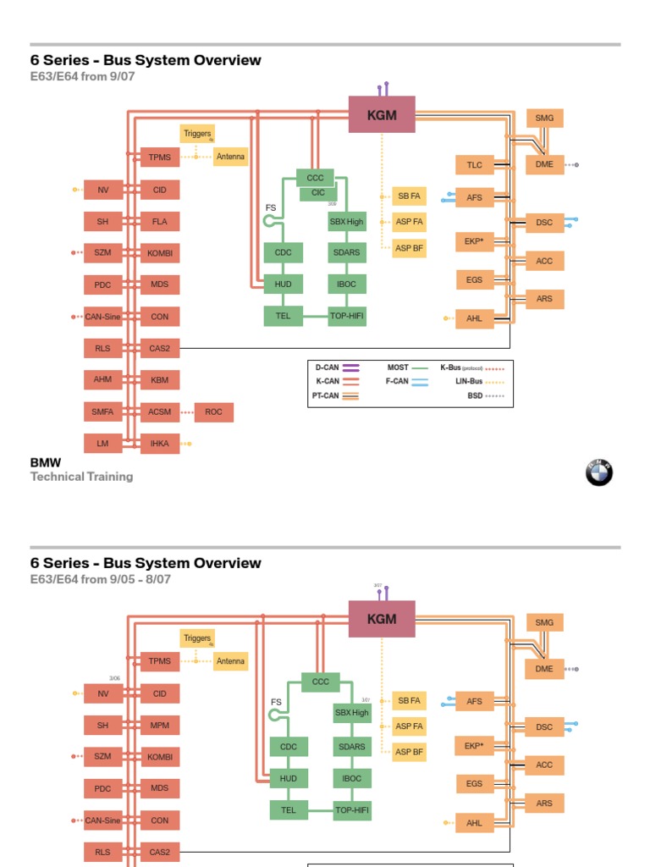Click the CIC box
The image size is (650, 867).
click(x=318, y=193)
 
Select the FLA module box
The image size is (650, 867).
click(x=160, y=222)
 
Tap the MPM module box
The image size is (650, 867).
click(x=160, y=726)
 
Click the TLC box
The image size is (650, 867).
click(x=474, y=165)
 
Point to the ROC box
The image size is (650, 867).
click(x=213, y=412)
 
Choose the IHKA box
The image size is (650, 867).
click(x=160, y=444)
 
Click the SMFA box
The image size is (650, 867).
click(x=102, y=412)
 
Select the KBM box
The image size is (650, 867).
click(x=160, y=380)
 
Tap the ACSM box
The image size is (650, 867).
click(x=160, y=412)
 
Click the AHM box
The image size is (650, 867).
click(x=102, y=379)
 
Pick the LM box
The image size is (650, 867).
click(x=102, y=444)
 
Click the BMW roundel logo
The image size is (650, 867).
click(x=599, y=473)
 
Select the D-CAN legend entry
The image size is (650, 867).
click(x=337, y=368)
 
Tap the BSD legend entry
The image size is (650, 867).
click(x=486, y=395)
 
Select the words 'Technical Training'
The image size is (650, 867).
click(x=82, y=477)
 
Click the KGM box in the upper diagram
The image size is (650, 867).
click(x=382, y=115)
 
